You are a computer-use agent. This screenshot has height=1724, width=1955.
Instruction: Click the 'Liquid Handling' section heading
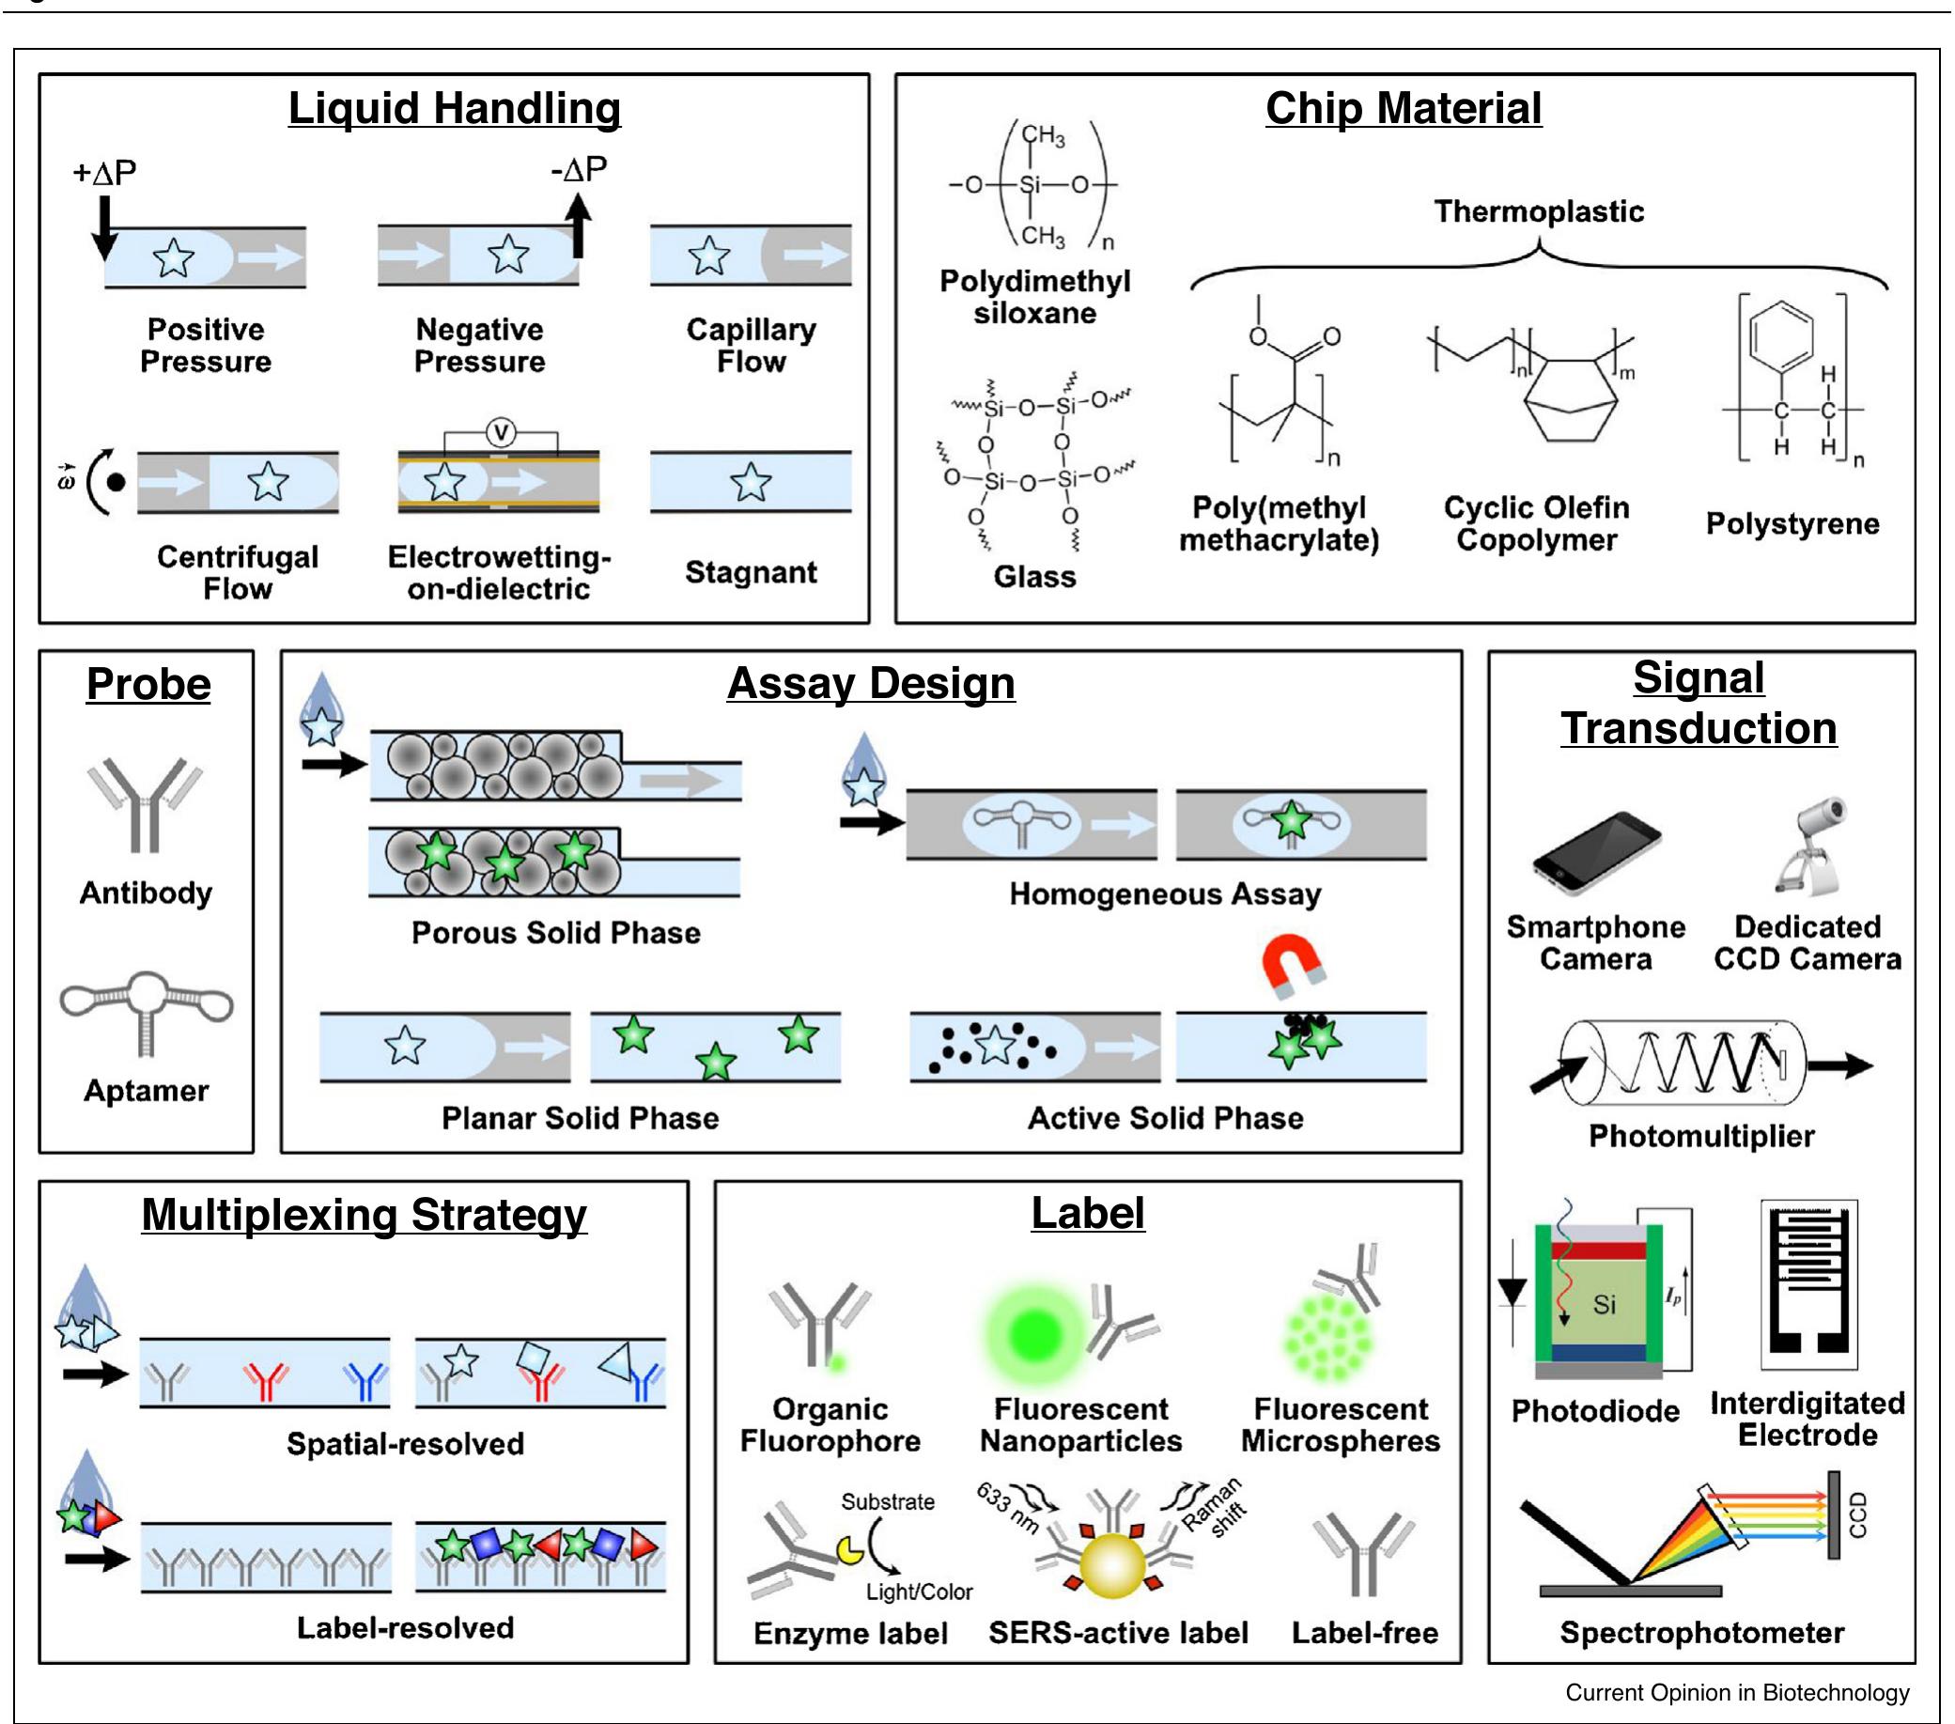coord(455,108)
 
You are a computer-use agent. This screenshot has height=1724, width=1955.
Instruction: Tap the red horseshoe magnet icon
coord(1292,964)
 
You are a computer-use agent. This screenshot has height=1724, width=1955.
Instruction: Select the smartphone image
coord(1595,851)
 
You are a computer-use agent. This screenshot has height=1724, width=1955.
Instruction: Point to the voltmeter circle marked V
coord(500,432)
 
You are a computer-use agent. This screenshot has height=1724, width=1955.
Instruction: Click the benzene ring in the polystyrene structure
coord(1781,334)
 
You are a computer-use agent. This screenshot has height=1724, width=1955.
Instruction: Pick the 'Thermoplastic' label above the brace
coord(1538,211)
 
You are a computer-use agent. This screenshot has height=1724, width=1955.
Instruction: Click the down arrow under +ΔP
coord(104,227)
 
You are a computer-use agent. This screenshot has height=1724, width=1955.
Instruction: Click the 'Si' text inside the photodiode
coord(1604,1304)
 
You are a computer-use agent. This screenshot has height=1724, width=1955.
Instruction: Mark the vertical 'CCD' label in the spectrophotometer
coord(1857,1515)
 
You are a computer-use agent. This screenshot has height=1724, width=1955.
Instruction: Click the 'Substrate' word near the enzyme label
coord(888,1502)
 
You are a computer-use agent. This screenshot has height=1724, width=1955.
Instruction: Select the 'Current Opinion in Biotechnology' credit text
coord(1736,1692)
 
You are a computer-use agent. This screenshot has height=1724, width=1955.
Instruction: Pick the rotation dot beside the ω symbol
coord(116,482)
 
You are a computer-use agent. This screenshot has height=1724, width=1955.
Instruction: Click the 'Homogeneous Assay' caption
coord(1165,894)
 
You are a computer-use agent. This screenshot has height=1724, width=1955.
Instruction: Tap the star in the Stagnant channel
coord(751,482)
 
